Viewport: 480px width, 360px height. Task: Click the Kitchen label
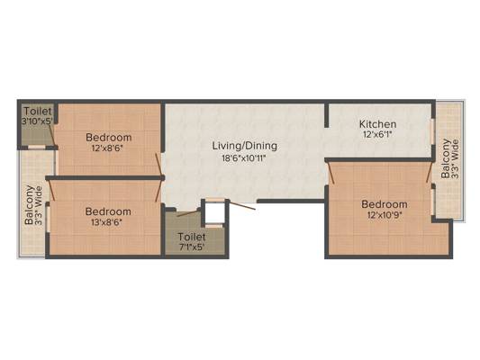tap(377, 124)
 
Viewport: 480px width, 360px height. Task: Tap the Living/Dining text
tap(245, 146)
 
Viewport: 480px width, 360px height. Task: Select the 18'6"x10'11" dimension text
tap(245, 158)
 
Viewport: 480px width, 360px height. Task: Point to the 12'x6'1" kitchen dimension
tap(377, 134)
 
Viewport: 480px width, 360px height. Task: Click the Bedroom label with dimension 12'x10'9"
tap(385, 204)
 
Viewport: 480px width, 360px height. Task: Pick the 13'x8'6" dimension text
tap(107, 222)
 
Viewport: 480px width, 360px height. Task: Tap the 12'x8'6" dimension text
tap(107, 148)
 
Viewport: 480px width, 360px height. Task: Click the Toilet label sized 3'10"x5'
tap(38, 111)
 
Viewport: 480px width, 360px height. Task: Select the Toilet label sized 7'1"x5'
tap(192, 237)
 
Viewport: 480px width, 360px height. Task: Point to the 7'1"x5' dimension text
tap(192, 247)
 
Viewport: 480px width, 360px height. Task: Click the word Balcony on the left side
tap(29, 205)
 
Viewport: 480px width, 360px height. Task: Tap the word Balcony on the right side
tap(446, 158)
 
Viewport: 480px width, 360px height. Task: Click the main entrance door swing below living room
tap(242, 205)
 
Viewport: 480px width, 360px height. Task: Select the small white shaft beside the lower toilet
tap(214, 213)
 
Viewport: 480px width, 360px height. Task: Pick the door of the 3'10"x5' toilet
tap(52, 135)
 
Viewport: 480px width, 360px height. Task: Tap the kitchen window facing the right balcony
tap(433, 131)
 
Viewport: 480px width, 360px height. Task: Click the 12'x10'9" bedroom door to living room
tap(331, 173)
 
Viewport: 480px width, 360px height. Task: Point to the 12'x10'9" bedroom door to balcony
tap(430, 172)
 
